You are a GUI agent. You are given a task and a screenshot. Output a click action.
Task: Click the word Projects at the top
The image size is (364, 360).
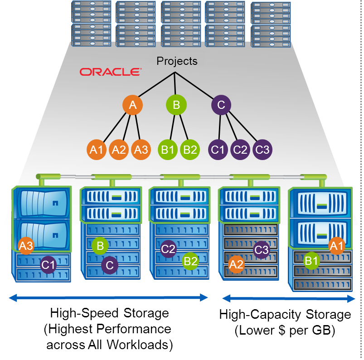pos(177,61)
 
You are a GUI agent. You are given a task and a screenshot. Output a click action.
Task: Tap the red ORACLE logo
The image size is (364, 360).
pos(110,72)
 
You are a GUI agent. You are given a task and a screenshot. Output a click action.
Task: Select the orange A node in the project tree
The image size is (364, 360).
pos(132,106)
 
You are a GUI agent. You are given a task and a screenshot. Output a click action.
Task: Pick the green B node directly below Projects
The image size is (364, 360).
pos(176,106)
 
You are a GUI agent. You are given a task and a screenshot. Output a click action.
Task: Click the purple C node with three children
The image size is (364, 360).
pos(221,106)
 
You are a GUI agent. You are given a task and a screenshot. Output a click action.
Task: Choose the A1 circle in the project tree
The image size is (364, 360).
pos(97,150)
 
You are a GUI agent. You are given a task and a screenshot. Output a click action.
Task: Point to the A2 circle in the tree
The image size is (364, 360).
pos(119,150)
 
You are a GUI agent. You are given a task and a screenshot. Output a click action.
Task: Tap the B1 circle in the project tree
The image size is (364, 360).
pos(168,150)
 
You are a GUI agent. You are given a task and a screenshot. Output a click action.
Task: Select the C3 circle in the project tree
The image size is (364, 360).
pos(262,150)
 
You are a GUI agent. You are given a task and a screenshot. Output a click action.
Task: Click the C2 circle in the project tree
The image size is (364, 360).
pos(240,150)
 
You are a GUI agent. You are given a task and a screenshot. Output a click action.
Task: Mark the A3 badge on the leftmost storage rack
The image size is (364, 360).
pos(26,246)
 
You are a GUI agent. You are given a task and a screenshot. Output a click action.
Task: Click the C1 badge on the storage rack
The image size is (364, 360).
pos(49,265)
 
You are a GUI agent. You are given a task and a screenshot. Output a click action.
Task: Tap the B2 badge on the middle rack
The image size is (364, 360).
pos(190,261)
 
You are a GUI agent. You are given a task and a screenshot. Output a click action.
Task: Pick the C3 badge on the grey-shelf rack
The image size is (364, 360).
pos(262,250)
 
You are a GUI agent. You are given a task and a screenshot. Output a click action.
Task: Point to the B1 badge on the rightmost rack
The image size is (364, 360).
pos(311,261)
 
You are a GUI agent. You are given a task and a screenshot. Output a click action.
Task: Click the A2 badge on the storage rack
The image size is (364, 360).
pos(236,264)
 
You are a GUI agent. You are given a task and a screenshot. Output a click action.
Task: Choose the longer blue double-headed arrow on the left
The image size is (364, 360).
pos(109,298)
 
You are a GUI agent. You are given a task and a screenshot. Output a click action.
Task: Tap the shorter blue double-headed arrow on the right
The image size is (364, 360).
pos(288,298)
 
